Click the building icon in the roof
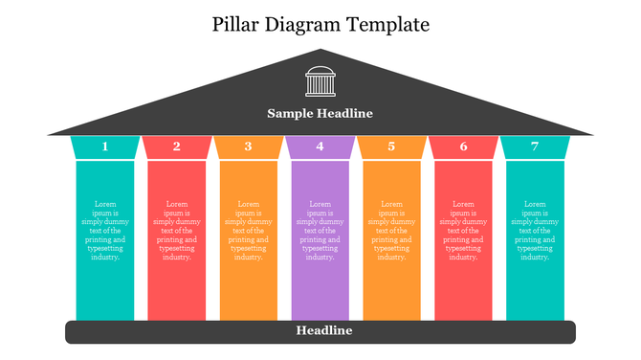point(320,81)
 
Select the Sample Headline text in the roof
point(320,114)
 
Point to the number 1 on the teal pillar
point(105,146)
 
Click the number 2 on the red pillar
point(177,146)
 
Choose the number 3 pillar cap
point(249,146)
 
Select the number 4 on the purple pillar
point(320,146)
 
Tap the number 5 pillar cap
point(391,146)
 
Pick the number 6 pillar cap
point(464,146)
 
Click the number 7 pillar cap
point(535,146)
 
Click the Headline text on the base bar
point(324,330)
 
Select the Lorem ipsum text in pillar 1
point(105,230)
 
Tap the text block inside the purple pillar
point(320,230)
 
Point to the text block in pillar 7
point(535,230)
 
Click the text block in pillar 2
point(177,230)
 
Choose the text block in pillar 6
point(464,230)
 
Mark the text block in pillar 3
point(249,230)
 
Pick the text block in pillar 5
point(391,230)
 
